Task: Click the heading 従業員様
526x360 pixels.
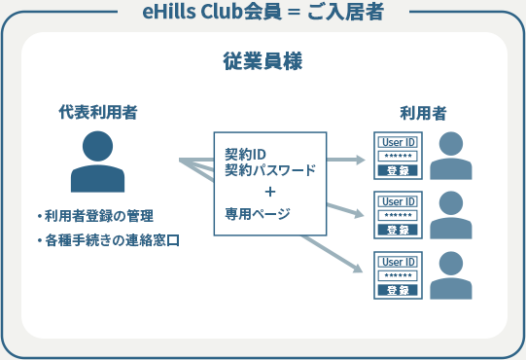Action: point(263,59)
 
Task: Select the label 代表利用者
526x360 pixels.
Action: point(97,112)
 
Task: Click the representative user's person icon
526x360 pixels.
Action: point(97,162)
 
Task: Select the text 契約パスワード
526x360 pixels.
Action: point(269,170)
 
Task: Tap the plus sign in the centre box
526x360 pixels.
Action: point(269,191)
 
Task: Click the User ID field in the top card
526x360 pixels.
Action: point(398,142)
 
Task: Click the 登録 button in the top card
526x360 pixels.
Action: point(398,170)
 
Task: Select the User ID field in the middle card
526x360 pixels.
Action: point(398,201)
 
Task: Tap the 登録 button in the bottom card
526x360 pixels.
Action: point(398,290)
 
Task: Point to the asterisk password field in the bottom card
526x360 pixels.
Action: point(398,275)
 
